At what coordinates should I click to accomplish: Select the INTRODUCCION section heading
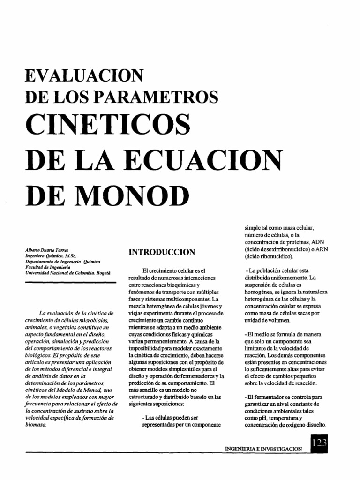[162, 252]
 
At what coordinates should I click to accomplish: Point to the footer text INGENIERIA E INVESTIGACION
[264, 449]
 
